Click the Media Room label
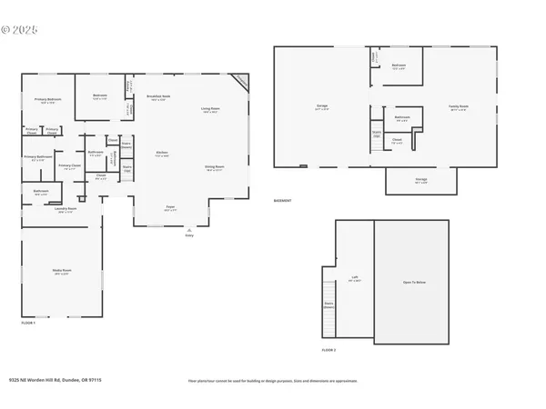point(61,271)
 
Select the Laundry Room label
point(65,209)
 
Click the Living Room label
point(211,108)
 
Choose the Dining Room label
point(215,167)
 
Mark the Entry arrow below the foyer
point(189,232)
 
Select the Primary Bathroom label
point(38,157)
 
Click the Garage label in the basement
point(322,106)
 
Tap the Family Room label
point(458,106)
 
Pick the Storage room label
point(421,180)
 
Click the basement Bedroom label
point(399,65)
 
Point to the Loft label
point(355,278)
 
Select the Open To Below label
point(414,283)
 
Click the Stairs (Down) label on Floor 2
point(329,305)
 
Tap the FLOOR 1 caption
point(28,323)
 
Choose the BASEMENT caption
point(283,200)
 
